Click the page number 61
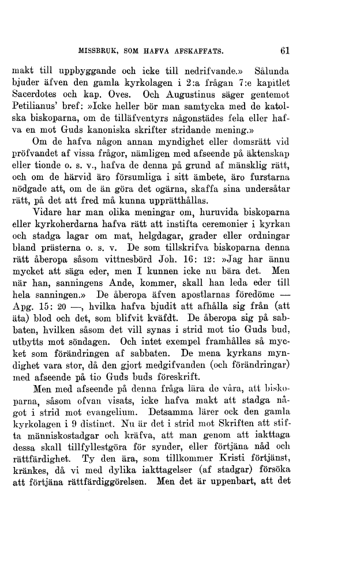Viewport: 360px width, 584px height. (x=284, y=50)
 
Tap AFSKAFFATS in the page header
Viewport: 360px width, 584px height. (x=196, y=51)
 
